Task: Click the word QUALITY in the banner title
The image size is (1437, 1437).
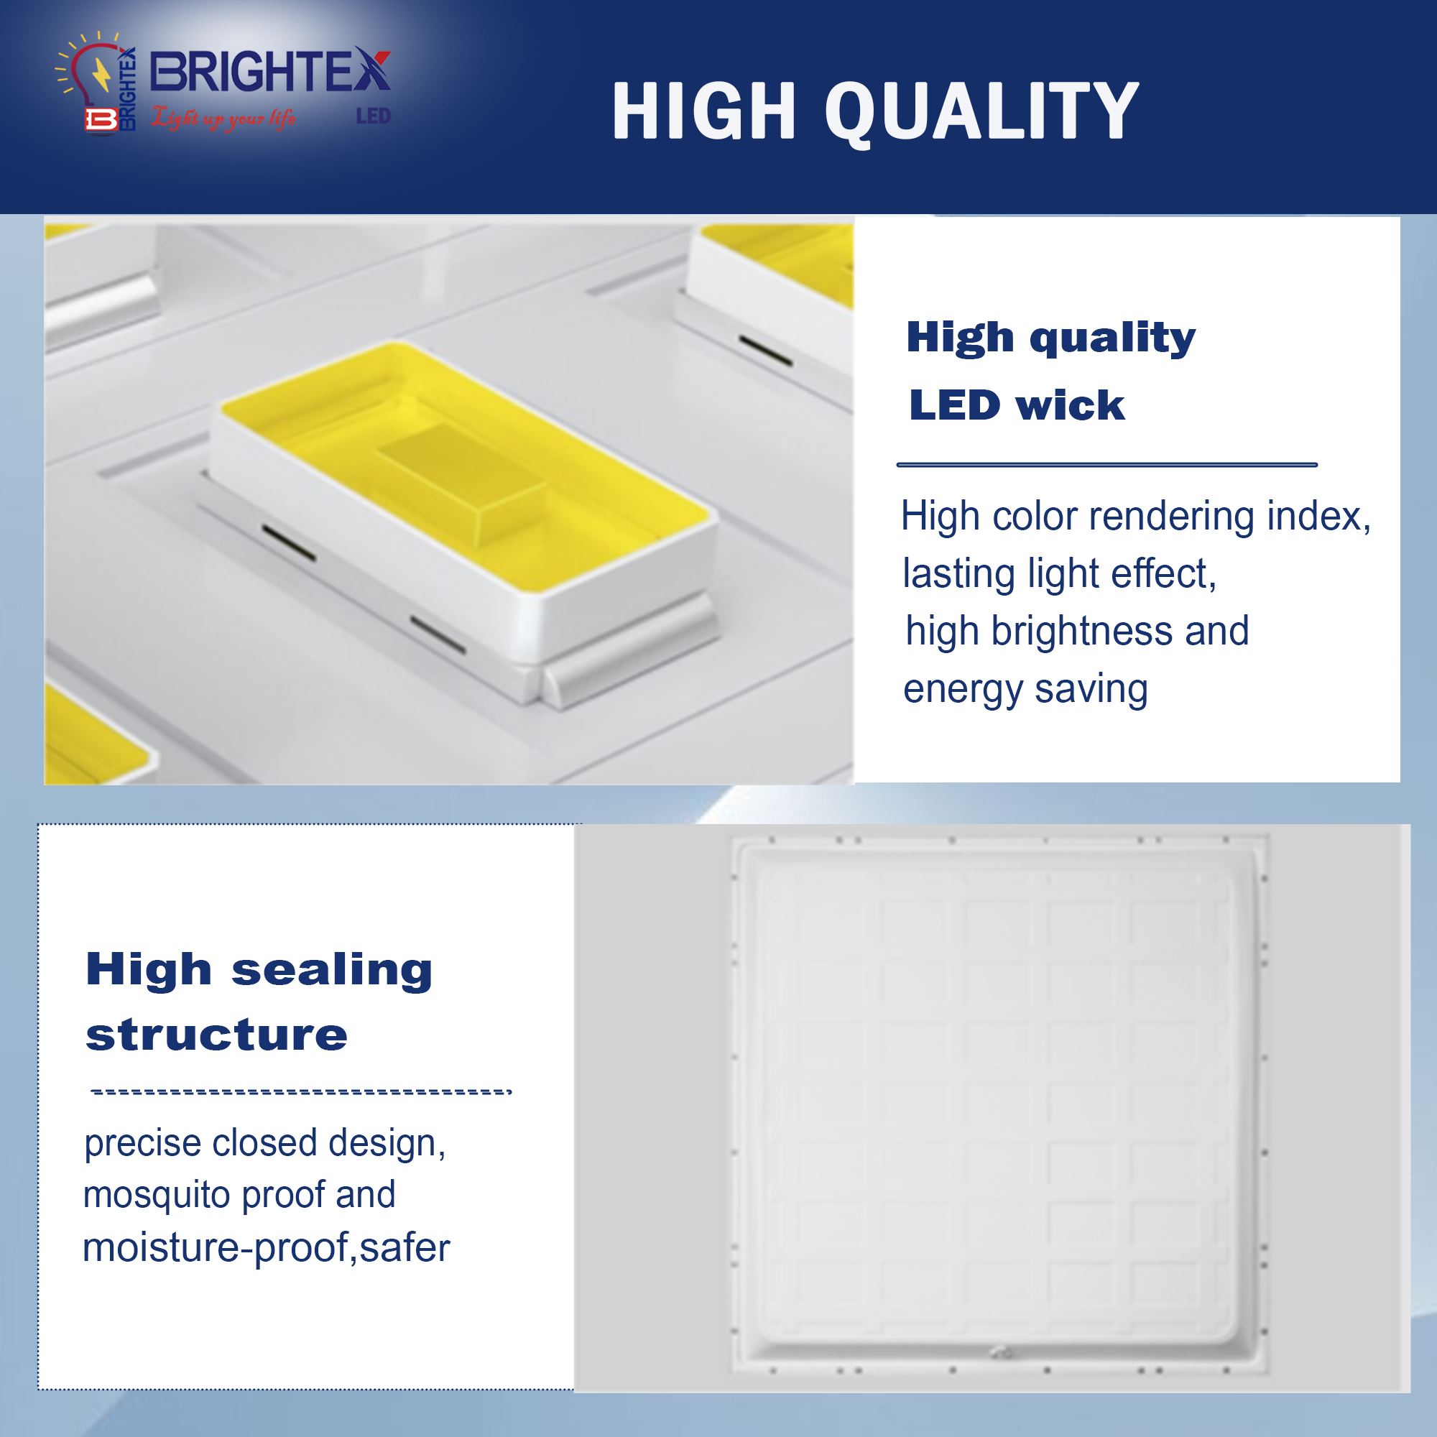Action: [x=981, y=111]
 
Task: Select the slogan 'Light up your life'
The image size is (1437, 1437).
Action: [x=224, y=118]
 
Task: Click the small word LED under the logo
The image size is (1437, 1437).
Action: [x=374, y=116]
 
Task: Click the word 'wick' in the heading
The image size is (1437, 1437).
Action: [x=1070, y=406]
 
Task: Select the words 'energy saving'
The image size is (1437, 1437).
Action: [x=1026, y=689]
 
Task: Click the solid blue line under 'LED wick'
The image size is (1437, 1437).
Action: [x=1106, y=465]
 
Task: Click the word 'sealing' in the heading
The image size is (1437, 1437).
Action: [x=332, y=971]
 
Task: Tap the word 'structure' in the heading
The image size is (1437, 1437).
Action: [x=216, y=1035]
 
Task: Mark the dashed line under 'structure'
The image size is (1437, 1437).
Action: [x=301, y=1092]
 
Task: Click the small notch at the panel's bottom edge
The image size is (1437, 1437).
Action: [x=1001, y=1352]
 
